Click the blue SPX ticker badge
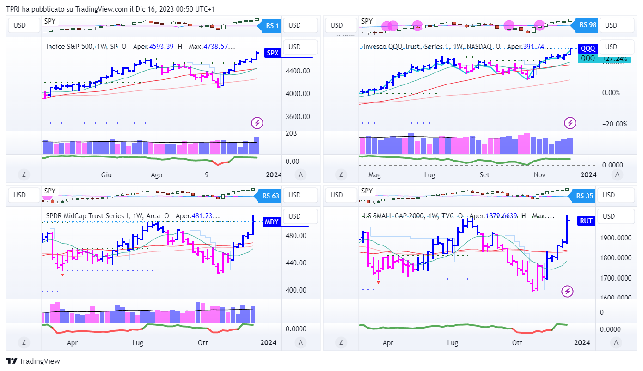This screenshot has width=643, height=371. click(x=273, y=53)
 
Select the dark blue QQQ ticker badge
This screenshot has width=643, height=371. click(x=588, y=48)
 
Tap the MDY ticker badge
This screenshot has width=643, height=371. click(x=271, y=222)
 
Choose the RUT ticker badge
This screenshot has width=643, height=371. click(x=586, y=221)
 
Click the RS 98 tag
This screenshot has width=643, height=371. click(x=587, y=25)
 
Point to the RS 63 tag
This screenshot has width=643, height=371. click(x=270, y=196)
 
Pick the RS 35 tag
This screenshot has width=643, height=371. click(x=584, y=196)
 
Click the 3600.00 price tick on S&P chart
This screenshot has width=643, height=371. click(x=298, y=117)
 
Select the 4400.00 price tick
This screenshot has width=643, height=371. click(x=298, y=71)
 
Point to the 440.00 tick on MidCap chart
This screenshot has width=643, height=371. click(x=296, y=263)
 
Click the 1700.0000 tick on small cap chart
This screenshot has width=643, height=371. click(x=615, y=278)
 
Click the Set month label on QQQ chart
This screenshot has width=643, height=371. click(x=484, y=175)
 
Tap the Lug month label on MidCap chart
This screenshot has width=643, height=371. click(x=138, y=343)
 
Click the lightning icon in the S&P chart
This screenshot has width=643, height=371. click(x=257, y=123)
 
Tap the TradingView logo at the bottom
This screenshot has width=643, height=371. click(x=33, y=361)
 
